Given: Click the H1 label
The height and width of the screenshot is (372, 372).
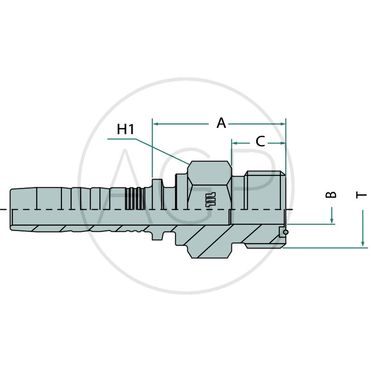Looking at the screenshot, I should [x=126, y=129].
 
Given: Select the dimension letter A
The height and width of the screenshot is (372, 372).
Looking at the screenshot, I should [x=221, y=123].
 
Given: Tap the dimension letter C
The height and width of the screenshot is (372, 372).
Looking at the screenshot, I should [x=260, y=141].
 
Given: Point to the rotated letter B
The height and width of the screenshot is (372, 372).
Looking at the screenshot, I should [x=331, y=194].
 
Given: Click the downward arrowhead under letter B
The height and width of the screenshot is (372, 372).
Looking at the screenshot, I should [x=332, y=220].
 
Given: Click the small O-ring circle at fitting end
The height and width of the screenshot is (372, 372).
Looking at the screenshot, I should [x=286, y=232].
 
